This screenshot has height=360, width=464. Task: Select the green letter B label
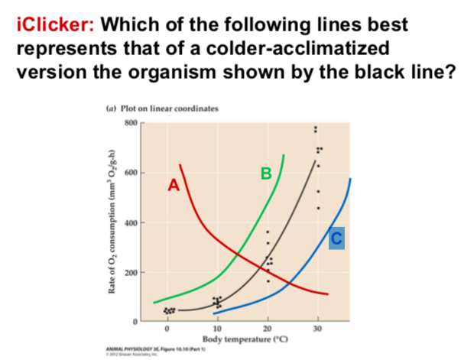pos(265,174)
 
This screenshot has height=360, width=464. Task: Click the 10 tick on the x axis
pos(216,329)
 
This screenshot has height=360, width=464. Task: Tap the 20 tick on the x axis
pos(268,329)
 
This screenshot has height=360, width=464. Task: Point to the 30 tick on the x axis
pos(319,329)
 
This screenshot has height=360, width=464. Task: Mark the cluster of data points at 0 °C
pos(168,310)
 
